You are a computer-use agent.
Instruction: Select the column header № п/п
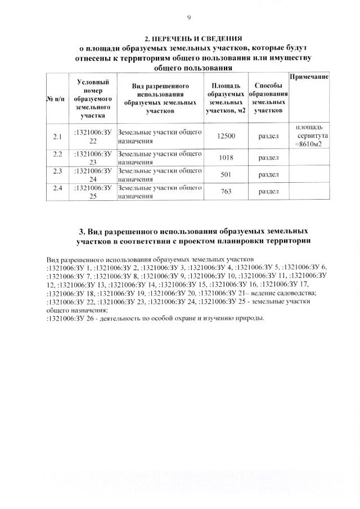point(56,100)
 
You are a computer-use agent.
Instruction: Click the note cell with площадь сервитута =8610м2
point(309,136)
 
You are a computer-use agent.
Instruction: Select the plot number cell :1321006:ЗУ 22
point(93,136)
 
